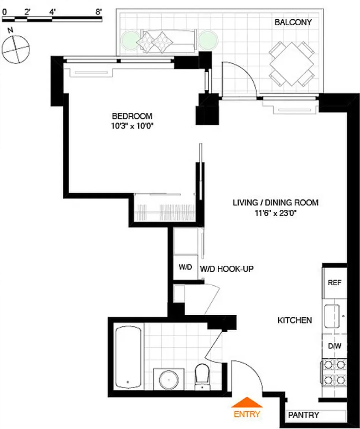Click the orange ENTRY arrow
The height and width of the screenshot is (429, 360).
pos(247,402)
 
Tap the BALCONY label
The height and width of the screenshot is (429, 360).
pos(293,22)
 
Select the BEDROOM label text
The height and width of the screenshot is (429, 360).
pos(132,116)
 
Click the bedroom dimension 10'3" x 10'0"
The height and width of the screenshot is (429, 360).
pos(132,126)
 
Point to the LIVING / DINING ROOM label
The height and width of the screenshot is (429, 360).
pos(275,203)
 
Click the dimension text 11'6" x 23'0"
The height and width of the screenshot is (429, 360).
pos(275,213)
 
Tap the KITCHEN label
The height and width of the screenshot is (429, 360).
pos(294,320)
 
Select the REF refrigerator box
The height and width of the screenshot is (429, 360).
pos(334,283)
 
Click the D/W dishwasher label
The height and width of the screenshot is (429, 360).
pos(334,346)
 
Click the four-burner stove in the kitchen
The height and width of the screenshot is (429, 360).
pos(334,373)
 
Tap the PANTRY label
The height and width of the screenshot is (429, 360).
pos(303,415)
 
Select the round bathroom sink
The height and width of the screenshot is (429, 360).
pos(169,379)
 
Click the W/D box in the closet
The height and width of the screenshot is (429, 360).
pos(185,267)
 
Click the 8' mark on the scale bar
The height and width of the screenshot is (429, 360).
pos(99,12)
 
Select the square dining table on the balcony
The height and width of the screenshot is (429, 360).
pos(292,64)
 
